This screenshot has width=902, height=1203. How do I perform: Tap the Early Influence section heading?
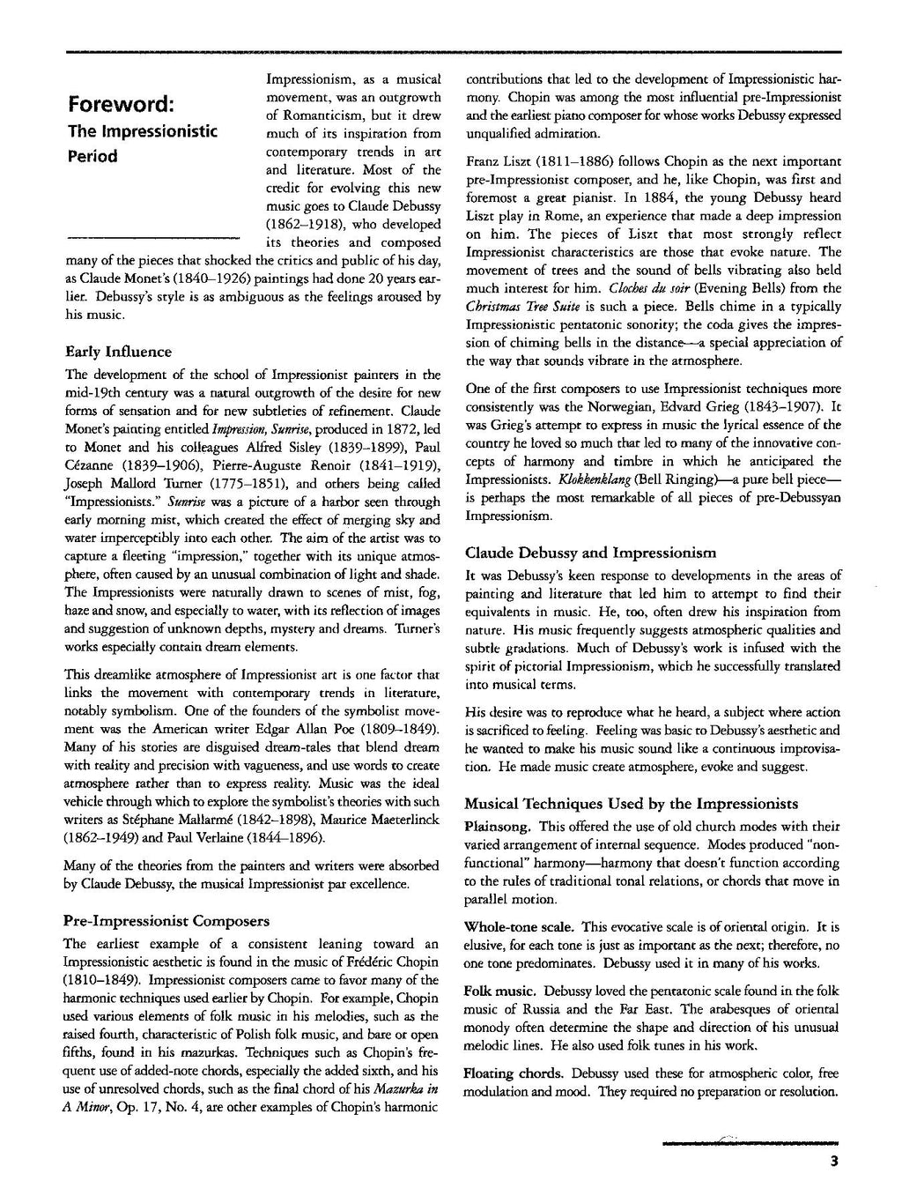(119, 353)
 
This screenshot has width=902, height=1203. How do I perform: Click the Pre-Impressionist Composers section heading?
(167, 921)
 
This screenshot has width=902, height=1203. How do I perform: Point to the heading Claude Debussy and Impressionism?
(591, 553)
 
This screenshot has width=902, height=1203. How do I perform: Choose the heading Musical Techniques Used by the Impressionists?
(632, 804)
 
